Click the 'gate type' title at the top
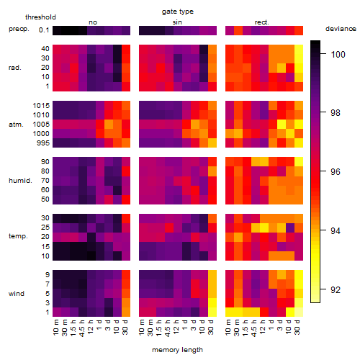(178, 12)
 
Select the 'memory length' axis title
(178, 350)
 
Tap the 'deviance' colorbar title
(341, 29)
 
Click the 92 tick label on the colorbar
(336, 290)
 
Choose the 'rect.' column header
(262, 22)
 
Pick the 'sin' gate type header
(177, 22)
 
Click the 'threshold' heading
(40, 17)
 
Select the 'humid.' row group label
(20, 181)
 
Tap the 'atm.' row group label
(16, 125)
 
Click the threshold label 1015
(41, 105)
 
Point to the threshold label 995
(43, 143)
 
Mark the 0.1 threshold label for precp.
(44, 30)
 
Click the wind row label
(17, 294)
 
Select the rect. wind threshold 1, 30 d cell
(299, 312)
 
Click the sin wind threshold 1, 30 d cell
(212, 312)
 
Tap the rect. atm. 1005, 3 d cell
(282, 125)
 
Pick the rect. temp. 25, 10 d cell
(290, 228)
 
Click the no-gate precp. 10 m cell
(57, 31)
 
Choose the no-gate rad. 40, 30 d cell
(126, 49)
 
